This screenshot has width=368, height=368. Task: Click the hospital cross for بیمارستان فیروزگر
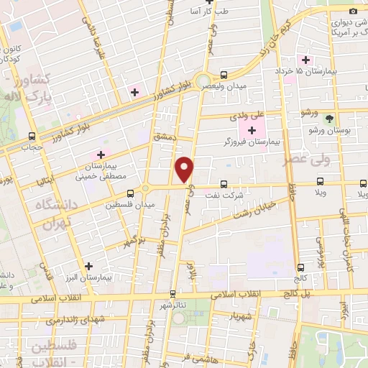pyautogui.click(x=252, y=130)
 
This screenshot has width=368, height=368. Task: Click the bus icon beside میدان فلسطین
pyautogui.click(x=130, y=193)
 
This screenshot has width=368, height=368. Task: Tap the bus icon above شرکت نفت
pyautogui.click(x=224, y=184)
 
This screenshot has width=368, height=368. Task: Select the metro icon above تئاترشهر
pyautogui.click(x=172, y=293)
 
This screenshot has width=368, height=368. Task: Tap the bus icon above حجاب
pyautogui.click(x=31, y=136)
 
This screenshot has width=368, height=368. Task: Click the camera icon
pyautogui.click(x=353, y=11)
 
